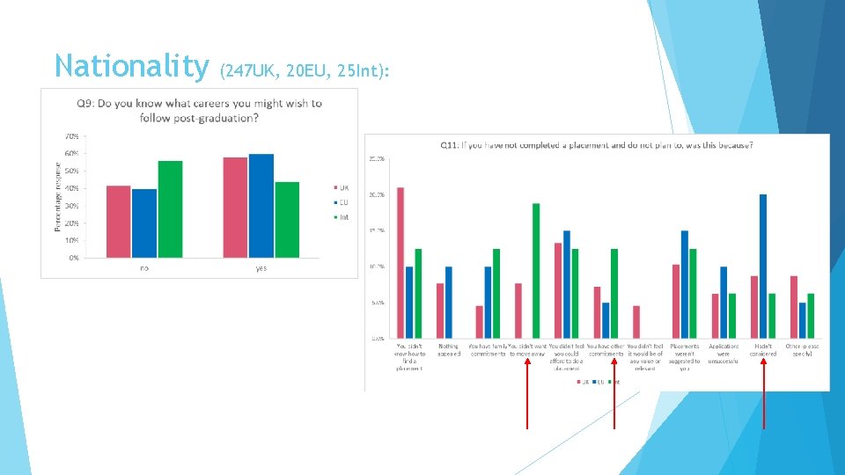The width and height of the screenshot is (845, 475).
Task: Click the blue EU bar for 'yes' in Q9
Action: click(x=261, y=206)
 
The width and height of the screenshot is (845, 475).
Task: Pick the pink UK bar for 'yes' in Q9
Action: click(x=235, y=208)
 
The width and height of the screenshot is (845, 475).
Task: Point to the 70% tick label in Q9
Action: click(x=71, y=136)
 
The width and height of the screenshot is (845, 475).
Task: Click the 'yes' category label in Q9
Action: click(x=261, y=268)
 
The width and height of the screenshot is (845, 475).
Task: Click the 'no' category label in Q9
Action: click(x=144, y=268)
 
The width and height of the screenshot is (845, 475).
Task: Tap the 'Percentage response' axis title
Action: click(x=58, y=195)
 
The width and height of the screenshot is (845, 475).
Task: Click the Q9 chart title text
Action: click(x=199, y=110)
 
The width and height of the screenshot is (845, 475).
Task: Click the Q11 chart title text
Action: click(x=596, y=144)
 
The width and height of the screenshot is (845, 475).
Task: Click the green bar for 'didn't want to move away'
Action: click(x=536, y=270)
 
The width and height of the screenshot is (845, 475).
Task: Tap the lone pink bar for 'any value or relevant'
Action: click(x=636, y=322)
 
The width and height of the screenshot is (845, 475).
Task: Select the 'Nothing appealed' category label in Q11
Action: click(x=448, y=350)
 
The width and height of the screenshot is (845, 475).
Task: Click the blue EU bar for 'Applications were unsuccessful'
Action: click(x=724, y=303)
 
